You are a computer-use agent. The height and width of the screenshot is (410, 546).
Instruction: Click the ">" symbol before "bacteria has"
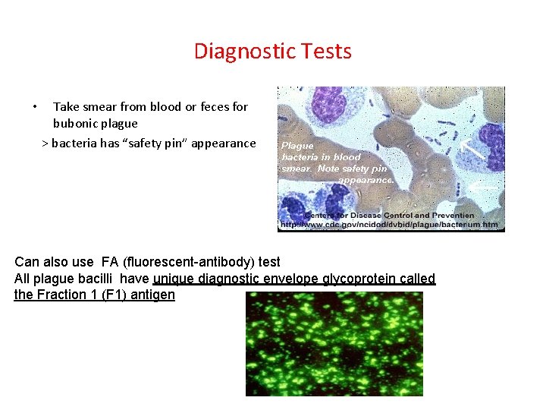pos(45,143)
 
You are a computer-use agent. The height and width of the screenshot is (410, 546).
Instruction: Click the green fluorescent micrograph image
pos(334,344)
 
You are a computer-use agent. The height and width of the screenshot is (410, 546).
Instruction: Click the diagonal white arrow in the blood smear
pos(474,146)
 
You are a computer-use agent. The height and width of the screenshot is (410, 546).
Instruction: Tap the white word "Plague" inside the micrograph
pos(297,145)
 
